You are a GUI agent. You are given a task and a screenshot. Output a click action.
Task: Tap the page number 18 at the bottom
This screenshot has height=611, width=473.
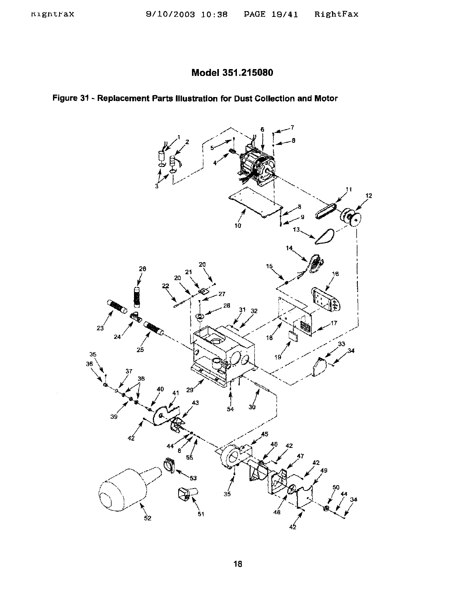(x=238, y=564)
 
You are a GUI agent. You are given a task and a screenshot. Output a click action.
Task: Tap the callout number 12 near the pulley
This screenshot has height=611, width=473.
(x=369, y=196)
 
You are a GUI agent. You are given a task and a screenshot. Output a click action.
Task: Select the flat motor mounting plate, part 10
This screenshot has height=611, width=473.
(x=255, y=203)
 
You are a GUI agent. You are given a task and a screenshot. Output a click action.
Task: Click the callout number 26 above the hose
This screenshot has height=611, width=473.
(x=142, y=269)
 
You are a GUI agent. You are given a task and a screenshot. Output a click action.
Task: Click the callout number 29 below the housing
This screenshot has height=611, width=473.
(x=190, y=390)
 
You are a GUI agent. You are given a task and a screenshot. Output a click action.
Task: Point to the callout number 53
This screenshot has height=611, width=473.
(x=193, y=478)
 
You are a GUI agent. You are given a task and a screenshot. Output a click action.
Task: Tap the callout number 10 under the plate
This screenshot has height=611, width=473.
(x=238, y=226)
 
